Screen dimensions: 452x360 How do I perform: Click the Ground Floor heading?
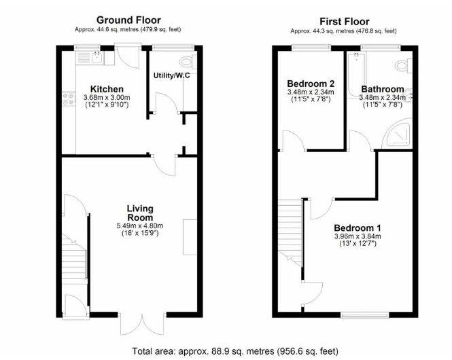[128, 20]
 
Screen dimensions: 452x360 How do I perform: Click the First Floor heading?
[344, 22]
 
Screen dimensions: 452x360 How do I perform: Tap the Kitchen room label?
[107, 89]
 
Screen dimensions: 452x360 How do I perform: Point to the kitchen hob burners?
[69, 98]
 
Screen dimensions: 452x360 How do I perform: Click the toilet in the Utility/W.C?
[188, 61]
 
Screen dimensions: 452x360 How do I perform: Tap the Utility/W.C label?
[172, 76]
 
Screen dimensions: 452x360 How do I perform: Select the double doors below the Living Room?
[143, 324]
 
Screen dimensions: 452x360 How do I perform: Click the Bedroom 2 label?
[311, 84]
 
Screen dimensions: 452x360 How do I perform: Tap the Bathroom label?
[383, 89]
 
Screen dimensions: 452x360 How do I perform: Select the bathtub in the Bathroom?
[357, 75]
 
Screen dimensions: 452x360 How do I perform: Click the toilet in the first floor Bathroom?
[404, 66]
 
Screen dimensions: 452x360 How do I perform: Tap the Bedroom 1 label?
[358, 228]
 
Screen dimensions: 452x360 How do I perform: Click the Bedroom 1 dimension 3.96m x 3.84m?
[358, 236]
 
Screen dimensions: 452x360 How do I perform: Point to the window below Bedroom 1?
[364, 315]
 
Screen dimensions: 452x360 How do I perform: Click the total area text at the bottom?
[235, 351]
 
